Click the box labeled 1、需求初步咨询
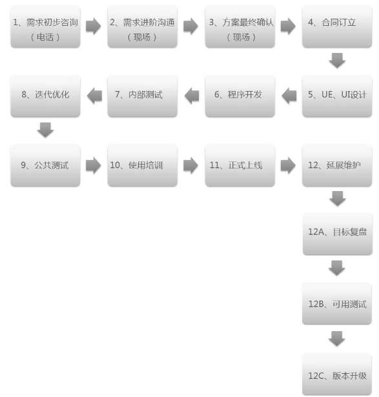[46, 26]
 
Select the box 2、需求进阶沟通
[143, 26]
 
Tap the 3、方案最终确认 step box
[240, 26]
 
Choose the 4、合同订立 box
[337, 26]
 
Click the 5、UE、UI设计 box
[337, 96]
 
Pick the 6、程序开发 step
[240, 96]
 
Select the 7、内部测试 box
[143, 96]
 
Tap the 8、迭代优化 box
[46, 96]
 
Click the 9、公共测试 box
[46, 166]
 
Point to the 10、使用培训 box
[143, 166]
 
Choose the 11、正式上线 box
[240, 166]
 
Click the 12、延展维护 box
[337, 166]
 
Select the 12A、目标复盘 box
[338, 234]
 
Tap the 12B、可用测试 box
[337, 303]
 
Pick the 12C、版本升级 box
[337, 374]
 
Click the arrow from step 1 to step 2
[93, 26]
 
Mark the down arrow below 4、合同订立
[337, 61]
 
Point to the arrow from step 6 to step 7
[192, 96]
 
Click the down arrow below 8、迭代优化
[45, 130]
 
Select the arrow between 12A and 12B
[337, 268]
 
